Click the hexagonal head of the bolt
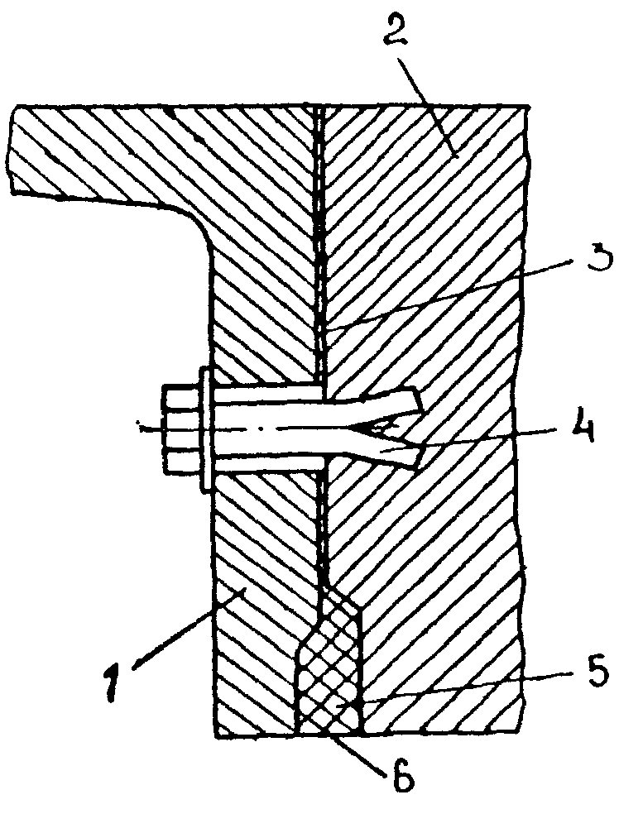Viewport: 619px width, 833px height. coord(180,430)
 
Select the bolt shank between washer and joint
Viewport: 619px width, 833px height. coord(265,430)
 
